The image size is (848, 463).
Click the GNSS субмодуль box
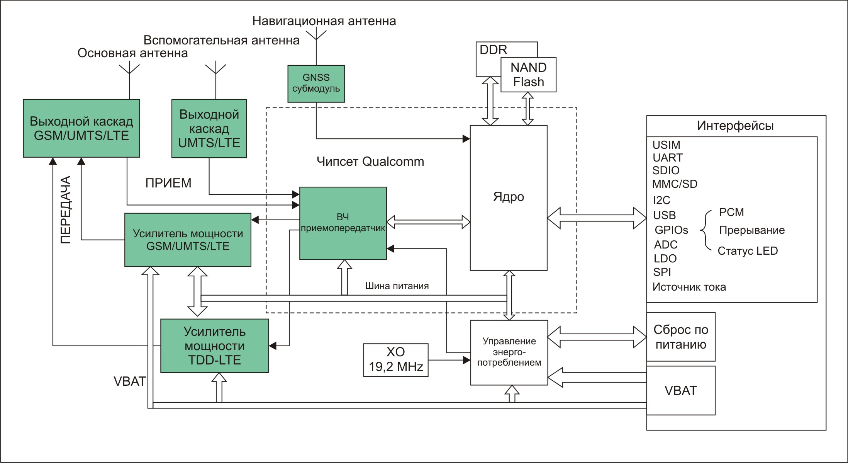coord(316,83)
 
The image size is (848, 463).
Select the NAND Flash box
coord(528,75)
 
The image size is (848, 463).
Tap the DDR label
coord(493,50)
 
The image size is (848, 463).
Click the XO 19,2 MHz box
coord(395,359)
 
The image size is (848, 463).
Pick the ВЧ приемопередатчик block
coord(343,223)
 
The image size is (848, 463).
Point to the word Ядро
coord(508,197)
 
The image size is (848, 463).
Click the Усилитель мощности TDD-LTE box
coord(214,346)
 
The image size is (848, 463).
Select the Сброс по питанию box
coord(680,337)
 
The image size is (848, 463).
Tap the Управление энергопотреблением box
coord(509,352)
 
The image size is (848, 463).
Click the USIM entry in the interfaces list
coord(666,145)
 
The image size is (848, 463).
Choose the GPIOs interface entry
coord(671,230)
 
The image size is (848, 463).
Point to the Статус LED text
coord(747,251)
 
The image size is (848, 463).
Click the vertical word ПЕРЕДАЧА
coord(66,210)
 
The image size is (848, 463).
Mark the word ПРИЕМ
coord(168,183)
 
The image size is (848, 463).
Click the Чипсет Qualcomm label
coord(370,162)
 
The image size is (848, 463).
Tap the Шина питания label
coord(397,286)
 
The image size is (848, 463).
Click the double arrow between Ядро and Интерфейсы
coord(597,218)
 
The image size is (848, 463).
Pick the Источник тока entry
coord(689,287)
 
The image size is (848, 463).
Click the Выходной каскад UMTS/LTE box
coord(209,128)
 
